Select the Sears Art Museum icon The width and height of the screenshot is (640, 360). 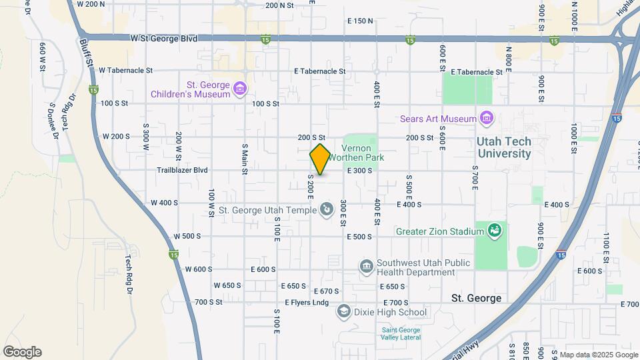(x=487, y=119)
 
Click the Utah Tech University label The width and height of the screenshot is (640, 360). (x=504, y=148)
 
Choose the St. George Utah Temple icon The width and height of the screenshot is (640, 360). (x=327, y=210)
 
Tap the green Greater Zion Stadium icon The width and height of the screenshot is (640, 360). (x=494, y=231)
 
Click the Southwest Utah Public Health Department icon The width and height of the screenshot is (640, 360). (x=366, y=267)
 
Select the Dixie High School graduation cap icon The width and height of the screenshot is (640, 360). (x=343, y=311)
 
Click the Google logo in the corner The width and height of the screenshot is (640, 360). (x=22, y=352)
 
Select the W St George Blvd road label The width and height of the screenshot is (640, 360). (x=164, y=39)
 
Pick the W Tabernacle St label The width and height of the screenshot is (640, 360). (x=125, y=70)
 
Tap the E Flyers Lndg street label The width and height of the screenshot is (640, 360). (x=307, y=303)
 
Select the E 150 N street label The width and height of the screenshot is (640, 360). (x=360, y=21)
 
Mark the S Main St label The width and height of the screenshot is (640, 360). (x=245, y=159)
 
